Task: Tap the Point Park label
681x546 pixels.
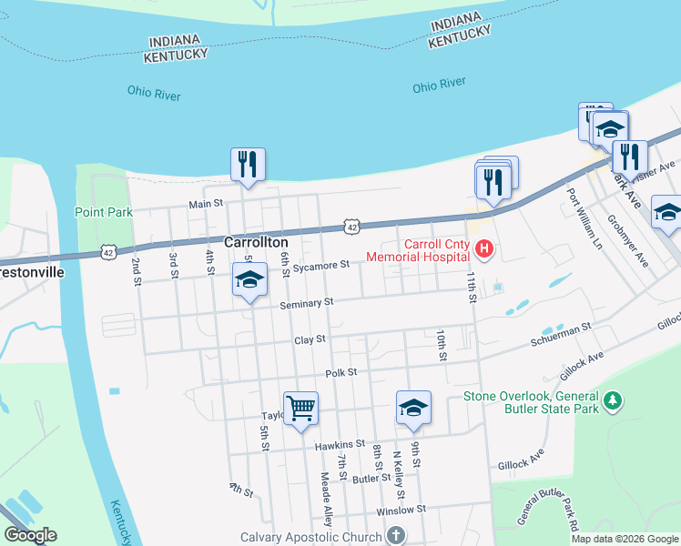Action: pyautogui.click(x=103, y=212)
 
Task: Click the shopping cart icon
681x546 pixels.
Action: pyautogui.click(x=300, y=407)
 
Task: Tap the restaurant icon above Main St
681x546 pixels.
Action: pyautogui.click(x=248, y=164)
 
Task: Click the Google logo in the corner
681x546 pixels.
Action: pyautogui.click(x=30, y=535)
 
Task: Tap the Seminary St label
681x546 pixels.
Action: pyautogui.click(x=307, y=302)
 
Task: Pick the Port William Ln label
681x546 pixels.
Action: pyautogui.click(x=585, y=218)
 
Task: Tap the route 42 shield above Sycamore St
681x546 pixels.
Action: pyautogui.click(x=351, y=225)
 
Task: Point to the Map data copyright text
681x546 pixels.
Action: pyautogui.click(x=624, y=539)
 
